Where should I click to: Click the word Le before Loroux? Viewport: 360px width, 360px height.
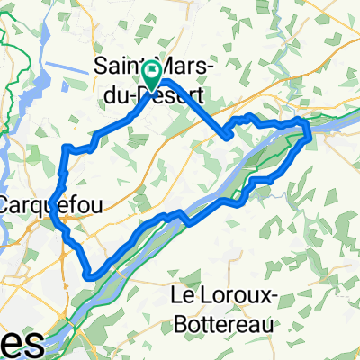click(x=185, y=295)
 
